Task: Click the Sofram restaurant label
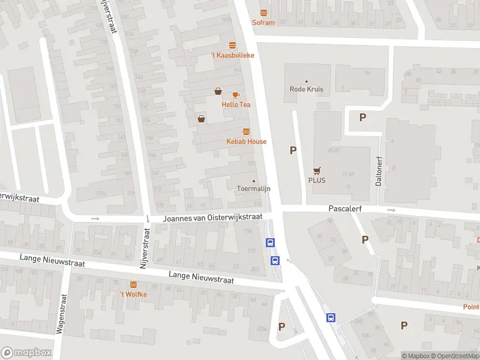point(263,23)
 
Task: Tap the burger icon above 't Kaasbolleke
point(232,45)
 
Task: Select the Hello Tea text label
point(236,104)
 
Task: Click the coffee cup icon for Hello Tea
point(236,95)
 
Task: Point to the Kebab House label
point(246,142)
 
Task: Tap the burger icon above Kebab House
point(246,131)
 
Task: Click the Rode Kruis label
point(307,89)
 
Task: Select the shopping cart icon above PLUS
point(317,170)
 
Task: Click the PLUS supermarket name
point(317,180)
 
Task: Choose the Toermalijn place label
point(254,188)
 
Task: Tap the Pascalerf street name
point(344,209)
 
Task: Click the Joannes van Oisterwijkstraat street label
point(213,218)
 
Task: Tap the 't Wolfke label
point(133,294)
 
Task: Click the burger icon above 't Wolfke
point(133,284)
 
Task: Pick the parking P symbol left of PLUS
point(293,151)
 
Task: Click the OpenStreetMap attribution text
point(455,356)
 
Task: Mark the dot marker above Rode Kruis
point(307,82)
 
